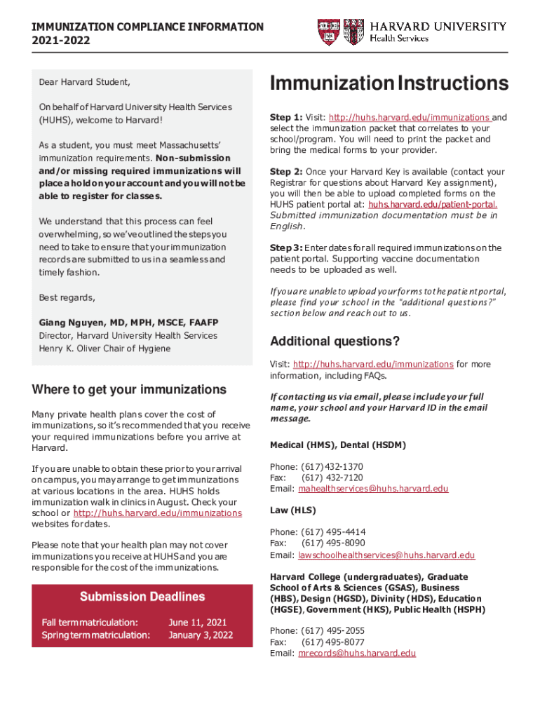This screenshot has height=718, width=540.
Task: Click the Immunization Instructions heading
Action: point(389,83)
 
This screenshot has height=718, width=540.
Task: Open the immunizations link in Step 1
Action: point(410,117)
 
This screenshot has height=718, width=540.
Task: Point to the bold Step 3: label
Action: point(286,248)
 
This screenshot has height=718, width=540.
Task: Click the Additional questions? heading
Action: point(335,341)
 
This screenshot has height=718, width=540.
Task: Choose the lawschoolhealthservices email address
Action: point(386,555)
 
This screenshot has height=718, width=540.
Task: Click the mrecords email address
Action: point(357,653)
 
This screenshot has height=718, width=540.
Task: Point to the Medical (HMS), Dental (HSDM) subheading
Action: point(337,445)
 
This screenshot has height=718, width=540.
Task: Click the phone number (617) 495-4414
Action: point(332,532)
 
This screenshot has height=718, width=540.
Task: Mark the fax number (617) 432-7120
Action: point(332,477)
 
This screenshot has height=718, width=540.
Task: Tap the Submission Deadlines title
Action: point(142,597)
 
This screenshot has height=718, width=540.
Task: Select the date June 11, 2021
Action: point(198,622)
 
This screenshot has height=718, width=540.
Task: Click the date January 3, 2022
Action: point(201,635)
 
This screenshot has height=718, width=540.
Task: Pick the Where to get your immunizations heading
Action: point(130,389)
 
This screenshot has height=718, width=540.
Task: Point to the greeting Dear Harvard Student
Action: point(84,82)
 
